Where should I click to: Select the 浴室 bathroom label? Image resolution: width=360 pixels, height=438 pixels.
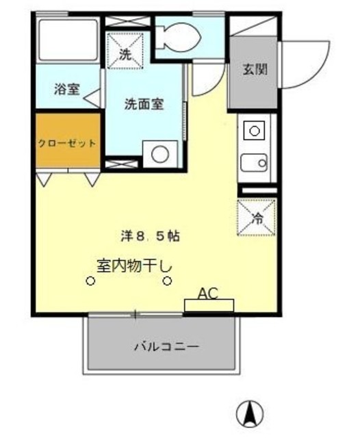[67, 90]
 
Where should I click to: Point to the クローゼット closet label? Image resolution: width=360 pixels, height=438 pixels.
[66, 144]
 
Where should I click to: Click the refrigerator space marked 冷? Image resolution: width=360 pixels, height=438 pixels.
[257, 217]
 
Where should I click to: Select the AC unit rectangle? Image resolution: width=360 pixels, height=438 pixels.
[209, 305]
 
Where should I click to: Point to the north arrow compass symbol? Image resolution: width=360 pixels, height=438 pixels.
[250, 413]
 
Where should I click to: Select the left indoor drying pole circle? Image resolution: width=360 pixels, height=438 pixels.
[90, 281]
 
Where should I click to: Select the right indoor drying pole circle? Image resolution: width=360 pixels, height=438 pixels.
[167, 281]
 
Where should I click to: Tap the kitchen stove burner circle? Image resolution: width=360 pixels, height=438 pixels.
[254, 130]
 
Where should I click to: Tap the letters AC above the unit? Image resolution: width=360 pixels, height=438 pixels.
[208, 294]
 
